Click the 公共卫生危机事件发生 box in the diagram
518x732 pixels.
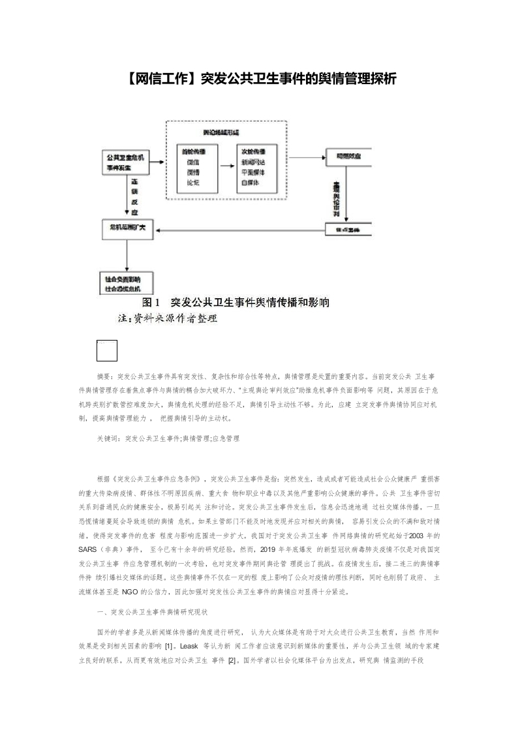tap(127, 162)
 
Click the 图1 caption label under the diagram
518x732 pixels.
tap(152, 303)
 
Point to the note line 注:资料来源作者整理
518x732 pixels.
tap(167, 319)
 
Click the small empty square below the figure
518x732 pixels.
tap(107, 350)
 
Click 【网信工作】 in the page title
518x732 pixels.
tap(159, 79)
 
